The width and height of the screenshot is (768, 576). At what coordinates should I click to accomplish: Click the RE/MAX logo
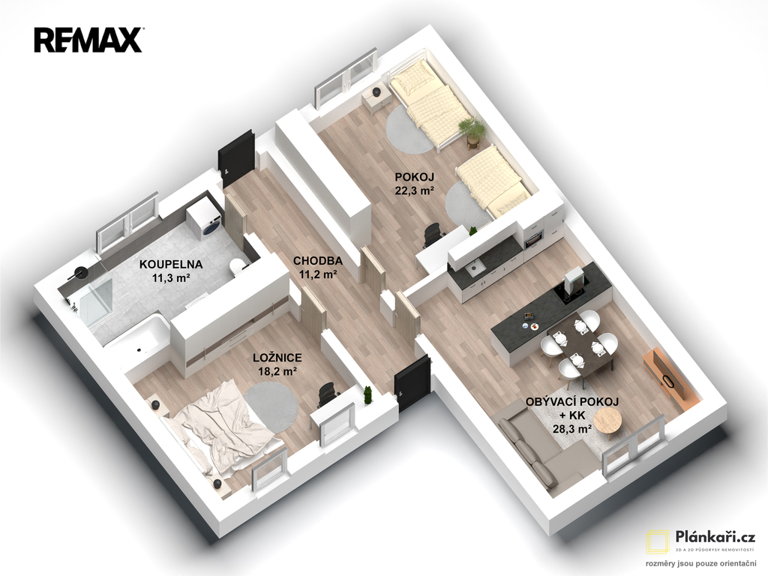point(88,40)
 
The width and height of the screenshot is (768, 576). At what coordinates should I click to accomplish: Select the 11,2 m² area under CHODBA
point(318,274)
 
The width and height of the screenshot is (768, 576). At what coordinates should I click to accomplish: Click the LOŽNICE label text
point(277,358)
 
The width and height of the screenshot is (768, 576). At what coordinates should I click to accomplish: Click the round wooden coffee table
point(607,420)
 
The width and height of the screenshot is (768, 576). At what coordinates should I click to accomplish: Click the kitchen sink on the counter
point(475,268)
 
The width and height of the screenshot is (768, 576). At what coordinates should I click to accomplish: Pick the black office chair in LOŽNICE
point(325,394)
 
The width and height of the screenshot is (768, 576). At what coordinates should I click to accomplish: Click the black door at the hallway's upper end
point(237,158)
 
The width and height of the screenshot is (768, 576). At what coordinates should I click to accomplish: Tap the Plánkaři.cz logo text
point(715,537)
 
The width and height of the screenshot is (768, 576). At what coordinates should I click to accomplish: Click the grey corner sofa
point(538,448)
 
